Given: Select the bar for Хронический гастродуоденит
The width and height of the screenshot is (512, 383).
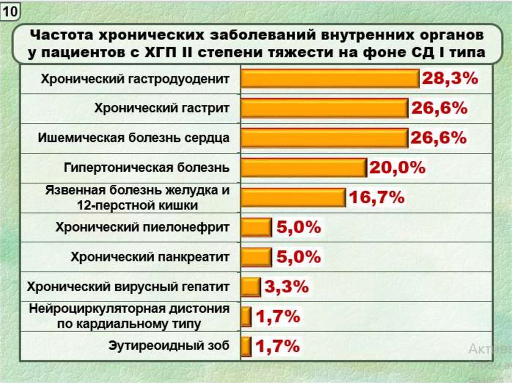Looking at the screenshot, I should coord(330,79).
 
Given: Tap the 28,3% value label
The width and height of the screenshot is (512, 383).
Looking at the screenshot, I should coord(450,79).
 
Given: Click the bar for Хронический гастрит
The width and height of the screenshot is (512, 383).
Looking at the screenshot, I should coord(324,108).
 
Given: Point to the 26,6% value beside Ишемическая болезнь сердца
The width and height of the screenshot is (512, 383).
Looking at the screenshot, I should coord(438,138).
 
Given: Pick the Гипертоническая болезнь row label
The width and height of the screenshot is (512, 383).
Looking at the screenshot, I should coord(146,167).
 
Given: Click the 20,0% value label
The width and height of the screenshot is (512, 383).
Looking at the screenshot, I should coord(397,168).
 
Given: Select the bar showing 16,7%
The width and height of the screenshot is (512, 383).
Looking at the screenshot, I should coord(293,197).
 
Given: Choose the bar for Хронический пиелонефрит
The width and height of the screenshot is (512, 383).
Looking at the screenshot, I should coord(256,228).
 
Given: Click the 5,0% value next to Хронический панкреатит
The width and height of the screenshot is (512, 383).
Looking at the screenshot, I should coord(298,257).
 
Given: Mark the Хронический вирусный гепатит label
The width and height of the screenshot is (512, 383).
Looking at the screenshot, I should coord(128,287).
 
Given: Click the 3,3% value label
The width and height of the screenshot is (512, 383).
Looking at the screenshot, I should coord(286,287).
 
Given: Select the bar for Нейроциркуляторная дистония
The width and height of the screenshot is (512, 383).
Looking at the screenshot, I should coord(246,316).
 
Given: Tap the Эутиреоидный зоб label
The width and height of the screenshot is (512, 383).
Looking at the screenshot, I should coord(168,346).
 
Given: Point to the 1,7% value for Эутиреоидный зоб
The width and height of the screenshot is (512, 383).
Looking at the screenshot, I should coord(277,346).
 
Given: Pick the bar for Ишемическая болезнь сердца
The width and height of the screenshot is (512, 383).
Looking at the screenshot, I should coord(324,138).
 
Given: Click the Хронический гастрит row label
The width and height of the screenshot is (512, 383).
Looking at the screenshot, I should coord(162,108).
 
